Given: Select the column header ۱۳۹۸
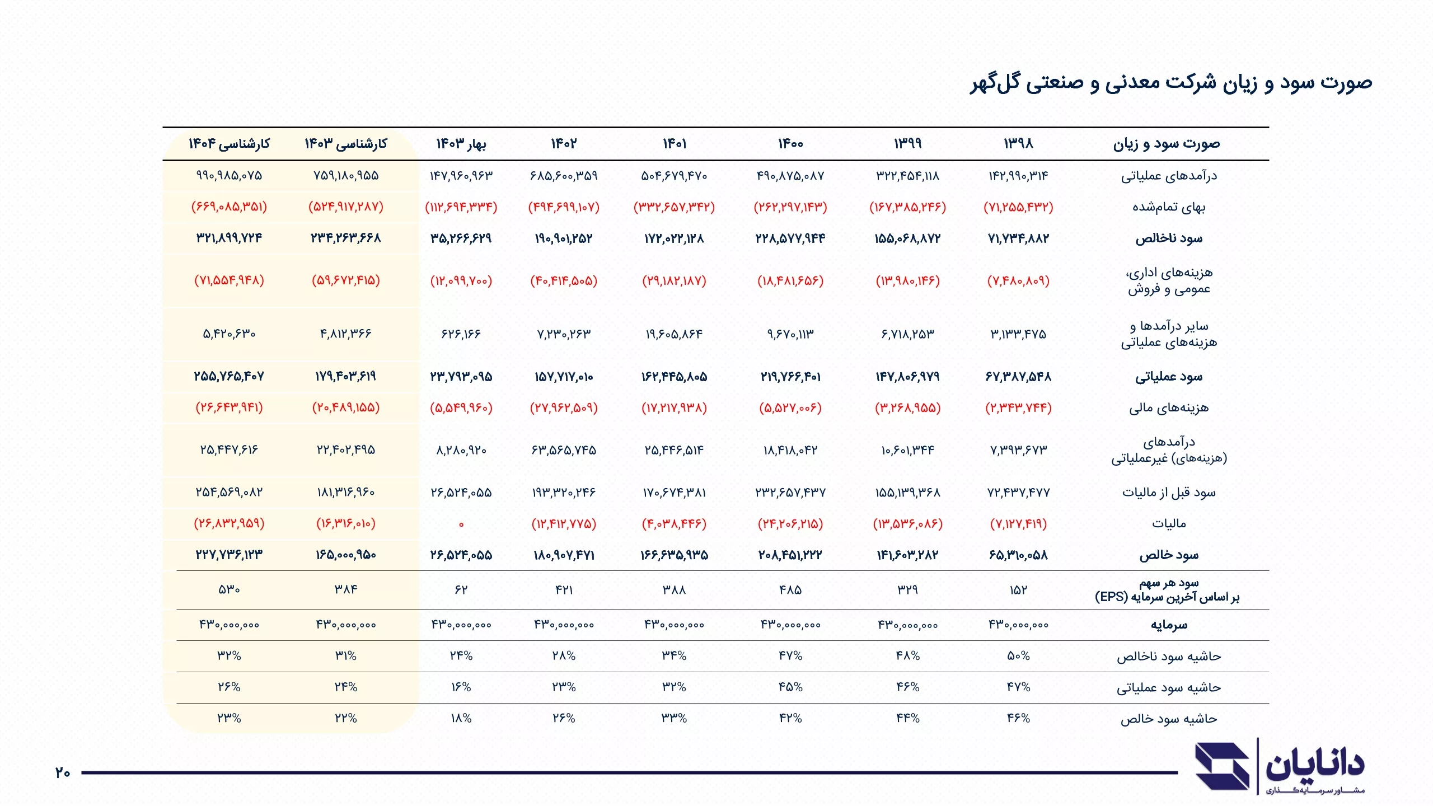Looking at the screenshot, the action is pos(1018,144).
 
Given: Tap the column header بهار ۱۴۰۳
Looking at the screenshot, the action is pos(461,144).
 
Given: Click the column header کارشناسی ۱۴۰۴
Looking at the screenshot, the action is pos(229,144).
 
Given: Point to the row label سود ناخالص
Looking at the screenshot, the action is pos(1169,238).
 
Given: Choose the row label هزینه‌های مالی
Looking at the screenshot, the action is pos(1169,408).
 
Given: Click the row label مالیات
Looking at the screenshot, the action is pos(1169,524).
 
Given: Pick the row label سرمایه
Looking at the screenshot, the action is pos(1169,625).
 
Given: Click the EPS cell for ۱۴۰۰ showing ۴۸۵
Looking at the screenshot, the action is pos(790,590).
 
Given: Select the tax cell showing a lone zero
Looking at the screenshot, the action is pos(461,524).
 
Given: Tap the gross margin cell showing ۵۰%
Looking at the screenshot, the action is pos(1018,656).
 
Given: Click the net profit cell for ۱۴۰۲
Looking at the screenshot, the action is pos(564,555).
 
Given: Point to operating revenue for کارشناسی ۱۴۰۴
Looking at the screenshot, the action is pos(229,176).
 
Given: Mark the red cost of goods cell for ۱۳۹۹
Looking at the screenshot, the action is pos(907,207).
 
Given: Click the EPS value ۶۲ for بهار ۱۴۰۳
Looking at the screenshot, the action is pos(461,590).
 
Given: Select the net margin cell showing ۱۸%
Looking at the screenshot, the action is pos(461,719).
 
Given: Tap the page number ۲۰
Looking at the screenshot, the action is pos(63,773).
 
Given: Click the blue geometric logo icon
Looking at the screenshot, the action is pos(1223,767).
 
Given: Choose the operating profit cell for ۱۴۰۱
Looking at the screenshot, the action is pos(674,377).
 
